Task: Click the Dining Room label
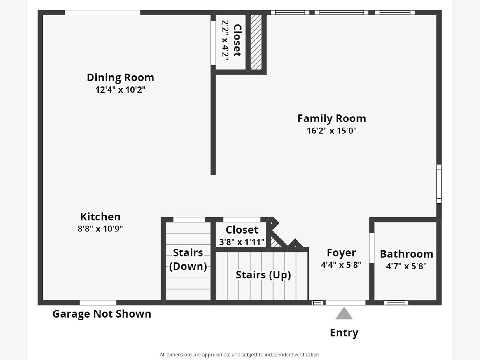tap(120, 78)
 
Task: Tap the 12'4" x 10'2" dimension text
tap(120, 90)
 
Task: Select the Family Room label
tap(332, 118)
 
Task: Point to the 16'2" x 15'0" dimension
tap(332, 131)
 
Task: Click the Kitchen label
tap(100, 217)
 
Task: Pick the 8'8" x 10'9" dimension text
tap(100, 229)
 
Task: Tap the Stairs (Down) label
tap(188, 260)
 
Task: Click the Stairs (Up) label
tap(263, 275)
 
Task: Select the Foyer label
tap(341, 253)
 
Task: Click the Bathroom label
tap(406, 254)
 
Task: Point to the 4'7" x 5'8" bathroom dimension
tap(406, 266)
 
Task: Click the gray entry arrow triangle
tap(344, 314)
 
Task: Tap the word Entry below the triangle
tap(344, 333)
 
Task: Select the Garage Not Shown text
tap(102, 314)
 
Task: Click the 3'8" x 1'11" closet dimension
tap(242, 242)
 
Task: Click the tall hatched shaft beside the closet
tap(256, 42)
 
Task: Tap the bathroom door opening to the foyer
tap(372, 248)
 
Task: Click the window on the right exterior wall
tap(439, 184)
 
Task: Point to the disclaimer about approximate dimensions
tap(240, 354)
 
